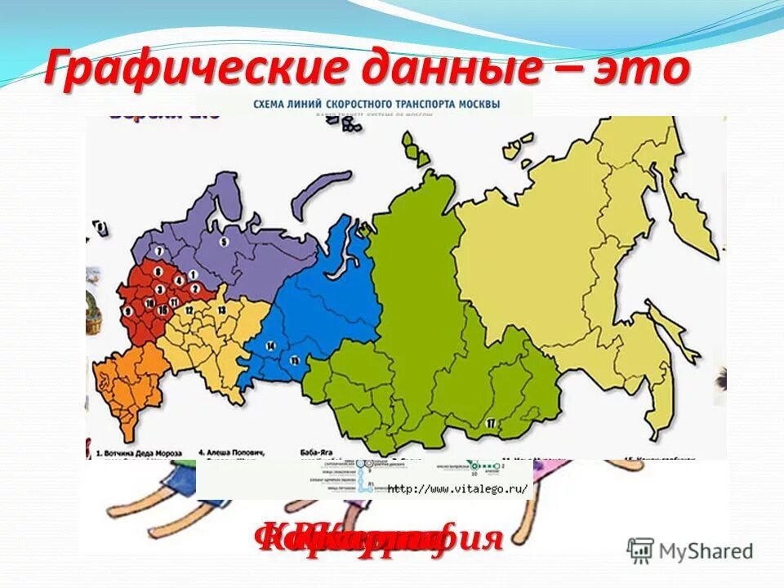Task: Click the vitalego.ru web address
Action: click(x=457, y=489)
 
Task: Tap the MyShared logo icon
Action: click(x=641, y=550)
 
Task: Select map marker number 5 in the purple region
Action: click(x=223, y=241)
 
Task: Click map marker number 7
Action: click(x=160, y=252)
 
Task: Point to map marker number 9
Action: click(x=128, y=311)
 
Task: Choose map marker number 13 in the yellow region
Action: click(x=220, y=311)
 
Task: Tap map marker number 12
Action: click(x=189, y=311)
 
